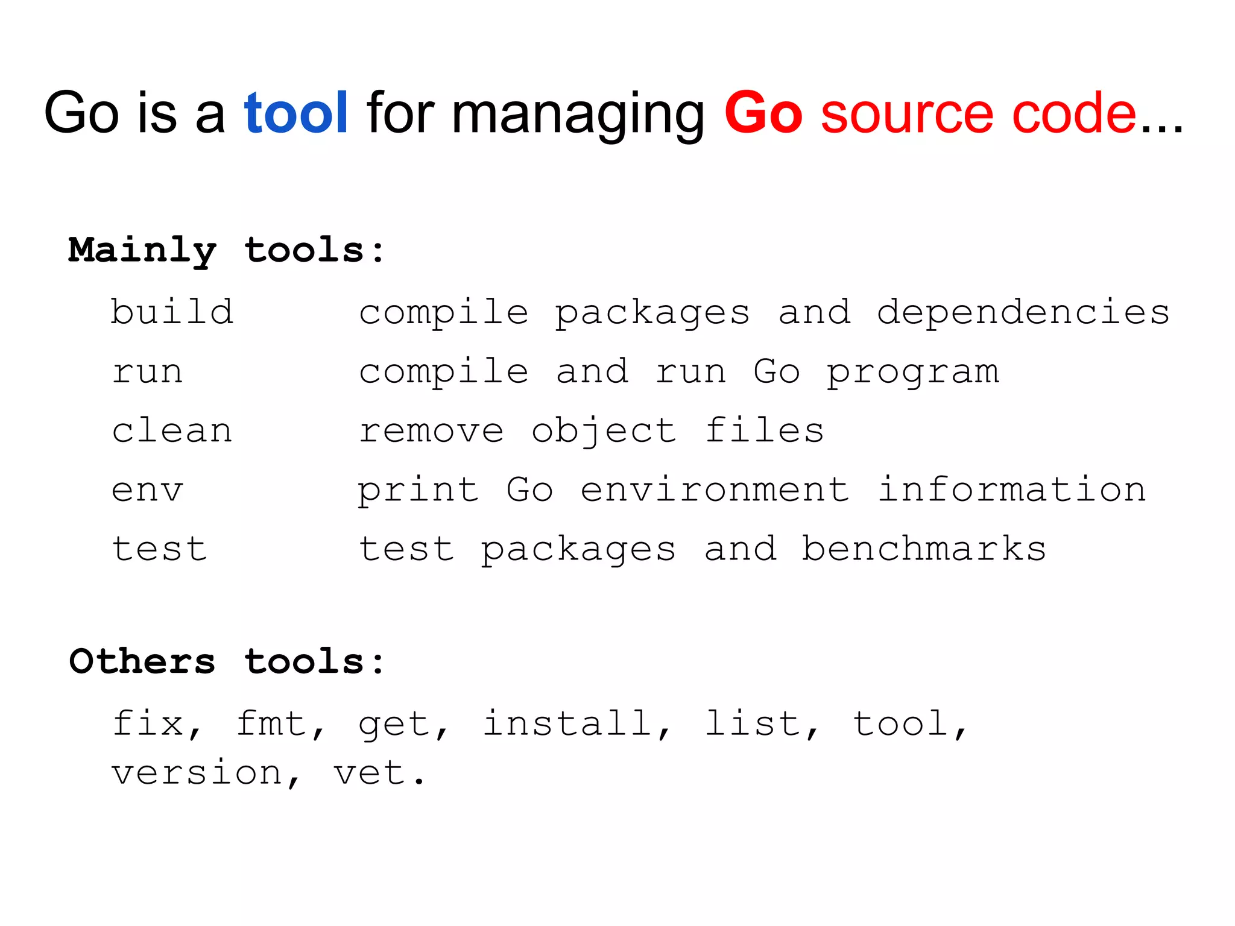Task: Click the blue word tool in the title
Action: point(295,113)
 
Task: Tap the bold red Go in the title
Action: point(763,113)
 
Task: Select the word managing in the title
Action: point(578,115)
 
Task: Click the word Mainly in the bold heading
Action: point(142,250)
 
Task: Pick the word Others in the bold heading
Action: point(142,661)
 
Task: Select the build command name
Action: point(172,312)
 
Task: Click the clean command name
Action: point(172,430)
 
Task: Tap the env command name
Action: point(147,490)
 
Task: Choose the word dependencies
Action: point(1023,312)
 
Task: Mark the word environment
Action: point(715,490)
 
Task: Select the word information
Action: point(1011,490)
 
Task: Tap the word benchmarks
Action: point(923,549)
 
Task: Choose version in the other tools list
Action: point(197,773)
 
